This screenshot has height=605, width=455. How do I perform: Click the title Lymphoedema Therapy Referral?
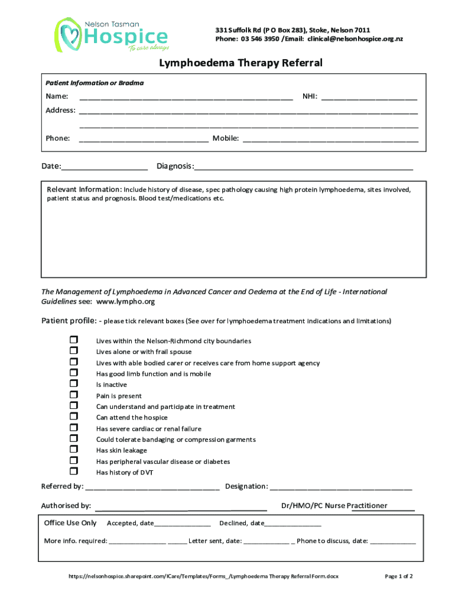(x=240, y=63)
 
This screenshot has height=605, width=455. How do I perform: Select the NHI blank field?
(x=369, y=97)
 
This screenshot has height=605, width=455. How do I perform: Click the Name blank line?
(x=186, y=97)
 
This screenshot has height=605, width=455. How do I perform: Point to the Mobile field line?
(x=330, y=139)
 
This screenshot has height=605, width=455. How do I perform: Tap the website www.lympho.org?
(x=125, y=301)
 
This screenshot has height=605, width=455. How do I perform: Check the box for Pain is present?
(x=74, y=395)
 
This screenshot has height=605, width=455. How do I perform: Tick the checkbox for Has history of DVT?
(x=74, y=471)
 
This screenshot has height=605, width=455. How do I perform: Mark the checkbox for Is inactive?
(x=74, y=383)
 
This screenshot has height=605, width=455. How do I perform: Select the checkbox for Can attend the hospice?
(x=74, y=417)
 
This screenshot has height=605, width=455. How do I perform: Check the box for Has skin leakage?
(x=74, y=450)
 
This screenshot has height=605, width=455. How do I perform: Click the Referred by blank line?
(x=152, y=487)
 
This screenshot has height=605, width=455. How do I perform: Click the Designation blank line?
(x=341, y=487)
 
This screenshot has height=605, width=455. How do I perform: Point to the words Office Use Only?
(x=70, y=523)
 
